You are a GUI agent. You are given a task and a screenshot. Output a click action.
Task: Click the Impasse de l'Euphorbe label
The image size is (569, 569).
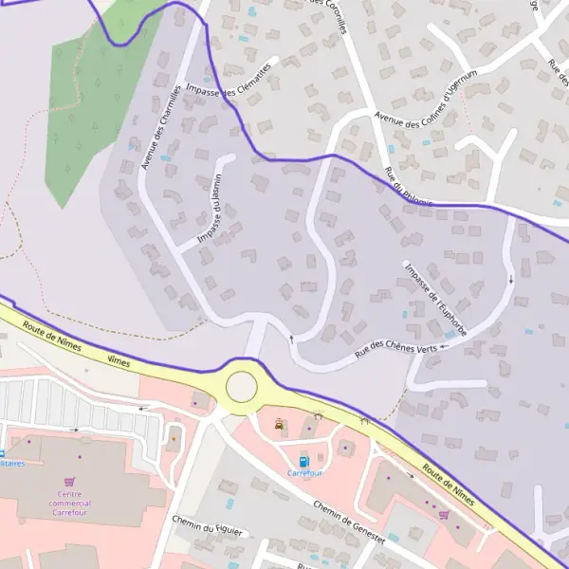tap(435, 298)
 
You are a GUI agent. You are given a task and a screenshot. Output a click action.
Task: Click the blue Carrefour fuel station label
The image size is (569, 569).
tap(304, 473)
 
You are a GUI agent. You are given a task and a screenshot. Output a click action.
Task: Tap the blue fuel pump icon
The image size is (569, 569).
tap(304, 462)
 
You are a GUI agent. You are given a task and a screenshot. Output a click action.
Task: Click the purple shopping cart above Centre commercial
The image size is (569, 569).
tap(69, 481)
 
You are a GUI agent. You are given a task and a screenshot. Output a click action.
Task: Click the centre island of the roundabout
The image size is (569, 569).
tap(241, 386)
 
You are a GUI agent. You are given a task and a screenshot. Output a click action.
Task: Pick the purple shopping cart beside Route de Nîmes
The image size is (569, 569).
tap(444, 514)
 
